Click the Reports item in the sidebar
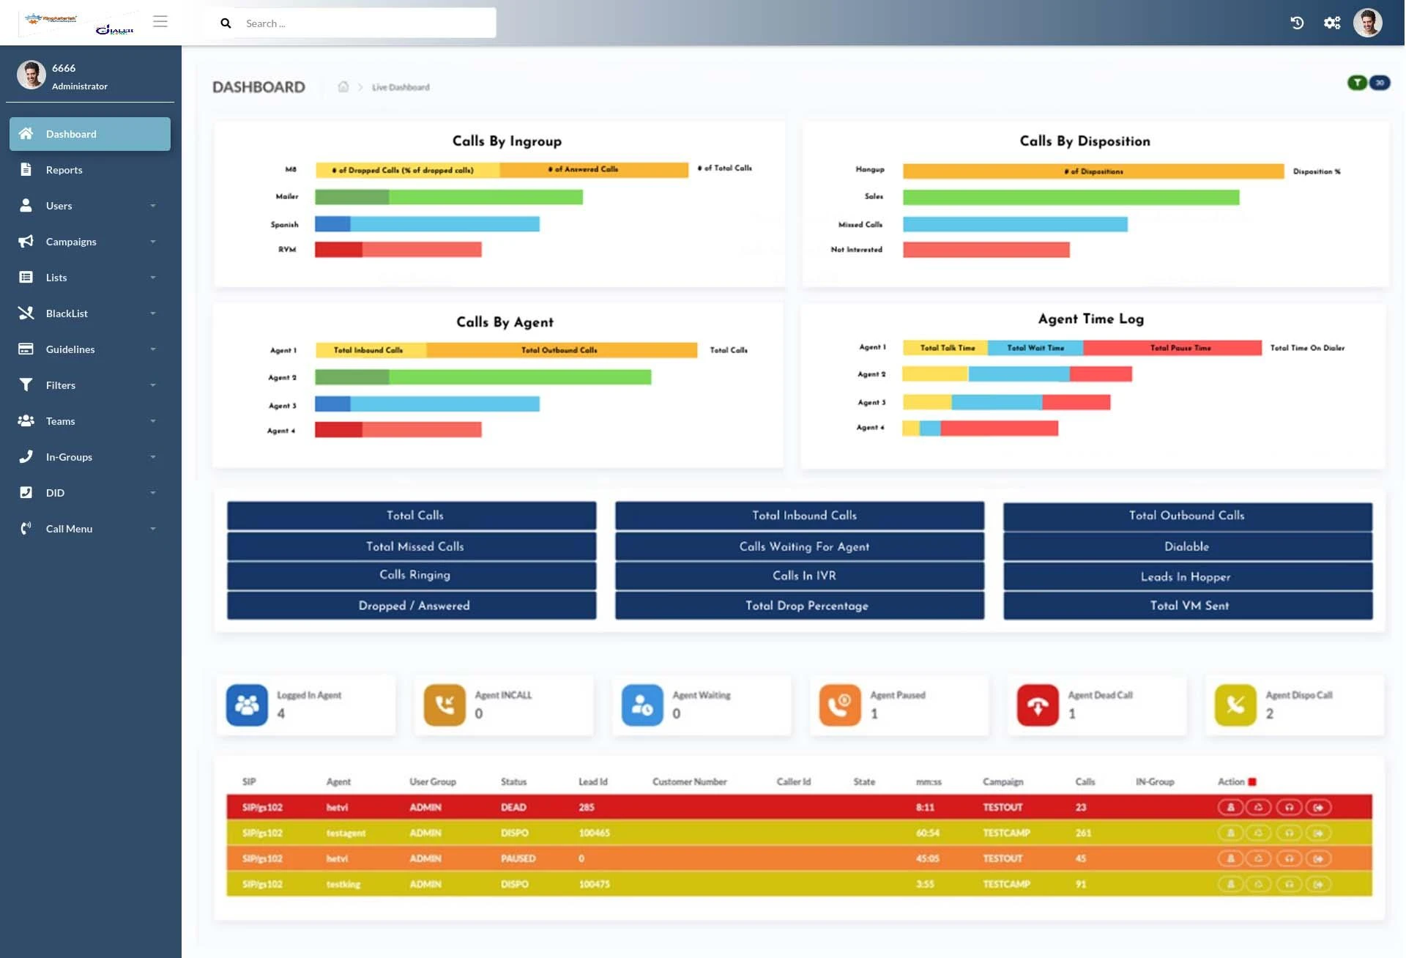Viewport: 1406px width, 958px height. point(64,170)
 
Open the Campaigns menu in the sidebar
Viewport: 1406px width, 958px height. point(71,242)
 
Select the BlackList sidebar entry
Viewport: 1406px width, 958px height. point(67,313)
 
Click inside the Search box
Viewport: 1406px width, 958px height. point(366,23)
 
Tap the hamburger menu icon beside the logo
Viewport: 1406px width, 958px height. point(160,21)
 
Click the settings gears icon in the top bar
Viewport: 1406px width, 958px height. point(1332,23)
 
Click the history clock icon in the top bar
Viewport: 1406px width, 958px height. point(1297,23)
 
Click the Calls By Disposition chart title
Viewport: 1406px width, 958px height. point(1085,141)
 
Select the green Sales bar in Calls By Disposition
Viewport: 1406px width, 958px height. point(1071,198)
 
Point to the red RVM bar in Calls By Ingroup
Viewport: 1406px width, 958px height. point(398,250)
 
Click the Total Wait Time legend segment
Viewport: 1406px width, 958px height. point(1035,348)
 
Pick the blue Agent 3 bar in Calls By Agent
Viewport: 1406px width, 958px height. point(427,404)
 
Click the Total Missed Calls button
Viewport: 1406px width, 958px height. point(414,546)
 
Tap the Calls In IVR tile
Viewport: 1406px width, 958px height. point(803,576)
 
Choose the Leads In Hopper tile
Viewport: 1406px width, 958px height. point(1186,577)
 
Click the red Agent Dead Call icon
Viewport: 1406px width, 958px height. point(1037,705)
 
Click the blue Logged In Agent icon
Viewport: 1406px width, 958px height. point(247,705)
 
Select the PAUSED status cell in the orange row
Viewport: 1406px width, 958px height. point(518,858)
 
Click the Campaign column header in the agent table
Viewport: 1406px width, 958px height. point(1003,782)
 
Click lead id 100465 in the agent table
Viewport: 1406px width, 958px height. point(594,833)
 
